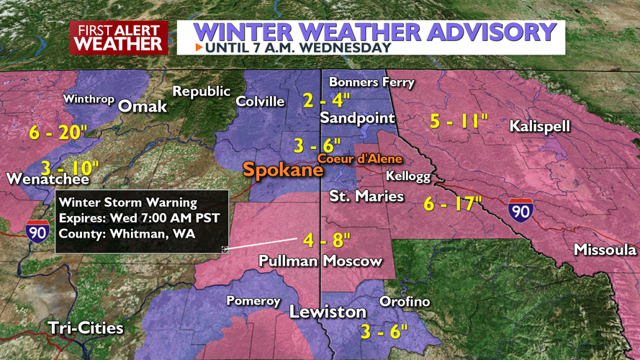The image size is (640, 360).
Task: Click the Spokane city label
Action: click(x=283, y=171)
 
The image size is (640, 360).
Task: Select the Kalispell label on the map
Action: click(x=539, y=127)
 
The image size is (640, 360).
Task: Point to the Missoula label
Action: click(x=605, y=250)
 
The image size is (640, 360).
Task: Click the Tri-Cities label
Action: click(x=86, y=328)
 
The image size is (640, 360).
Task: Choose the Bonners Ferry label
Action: click(x=371, y=82)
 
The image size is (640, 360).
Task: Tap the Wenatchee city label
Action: click(x=48, y=179)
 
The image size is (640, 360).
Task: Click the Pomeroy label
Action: click(x=253, y=300)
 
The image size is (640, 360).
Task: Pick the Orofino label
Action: click(x=405, y=301)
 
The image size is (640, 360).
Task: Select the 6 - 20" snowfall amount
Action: click(x=58, y=133)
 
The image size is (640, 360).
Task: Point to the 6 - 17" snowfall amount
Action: click(x=452, y=204)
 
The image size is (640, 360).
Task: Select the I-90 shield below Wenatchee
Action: click(x=37, y=232)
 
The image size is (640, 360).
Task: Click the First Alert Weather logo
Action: click(x=119, y=37)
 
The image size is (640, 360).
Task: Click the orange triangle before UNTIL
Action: click(x=199, y=48)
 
